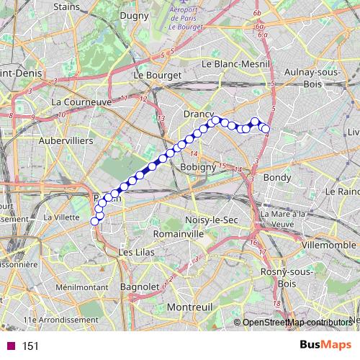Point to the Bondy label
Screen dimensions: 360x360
pos(277,177)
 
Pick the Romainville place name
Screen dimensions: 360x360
pos(176,234)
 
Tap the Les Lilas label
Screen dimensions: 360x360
pos(135,253)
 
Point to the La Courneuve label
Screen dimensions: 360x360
pos(81,102)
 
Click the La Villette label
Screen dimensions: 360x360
pos(60,217)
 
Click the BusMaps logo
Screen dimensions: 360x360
pos(320,346)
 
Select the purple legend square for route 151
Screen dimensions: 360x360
pos(10,346)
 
